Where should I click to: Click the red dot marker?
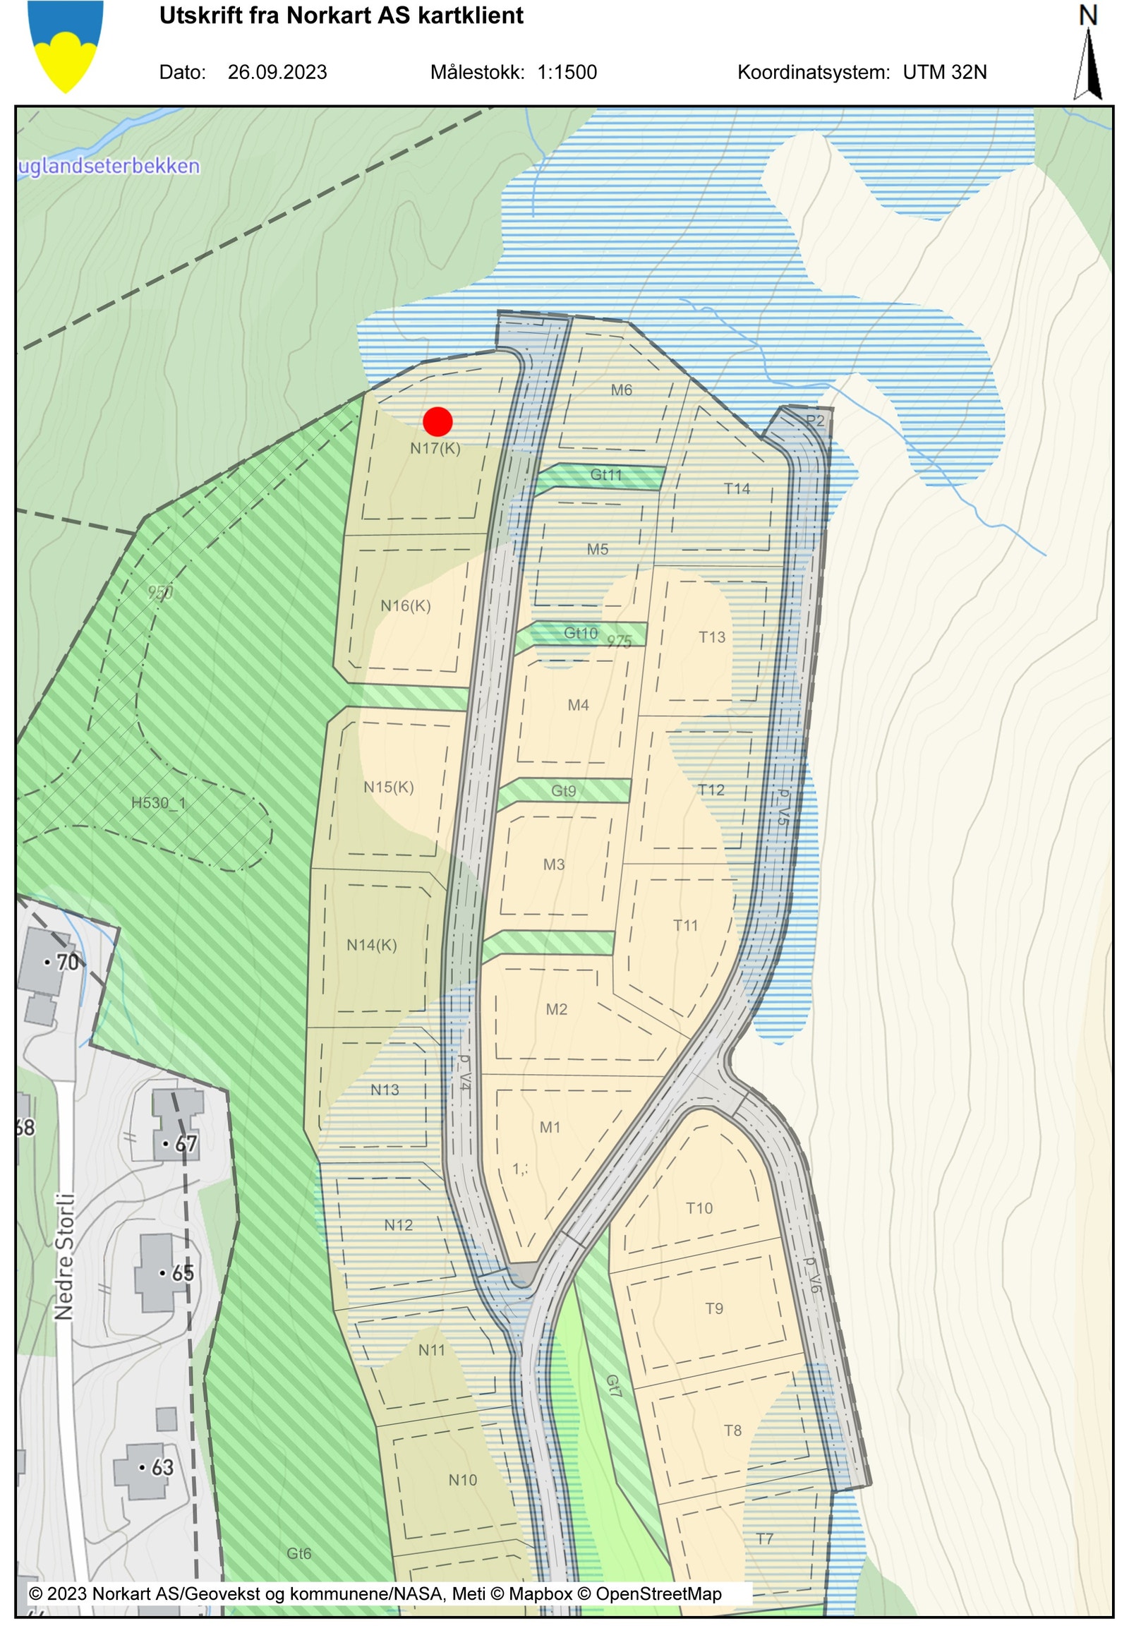(438, 421)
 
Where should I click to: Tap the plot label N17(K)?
(435, 449)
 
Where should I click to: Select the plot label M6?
(621, 390)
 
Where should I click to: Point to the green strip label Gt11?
(606, 475)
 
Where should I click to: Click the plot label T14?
(737, 489)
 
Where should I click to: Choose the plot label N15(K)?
(388, 788)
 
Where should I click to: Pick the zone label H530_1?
(159, 803)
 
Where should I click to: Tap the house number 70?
(67, 963)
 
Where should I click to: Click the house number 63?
(162, 1467)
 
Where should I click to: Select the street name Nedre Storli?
(64, 1256)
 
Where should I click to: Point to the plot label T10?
(699, 1208)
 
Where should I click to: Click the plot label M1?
(550, 1127)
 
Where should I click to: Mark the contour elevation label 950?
(161, 592)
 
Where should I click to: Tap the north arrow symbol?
(1089, 64)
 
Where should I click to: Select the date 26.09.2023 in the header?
(277, 72)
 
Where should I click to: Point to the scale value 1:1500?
(567, 72)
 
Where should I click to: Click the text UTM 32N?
(944, 72)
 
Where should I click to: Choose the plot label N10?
(463, 1480)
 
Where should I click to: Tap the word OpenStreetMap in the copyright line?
(658, 1594)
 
